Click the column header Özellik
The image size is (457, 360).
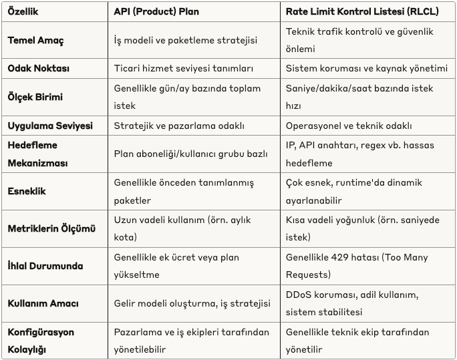[x=23, y=11]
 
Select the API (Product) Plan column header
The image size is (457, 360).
[x=156, y=11]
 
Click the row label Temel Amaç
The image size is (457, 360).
[x=35, y=40]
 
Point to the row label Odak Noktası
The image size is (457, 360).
[x=38, y=68]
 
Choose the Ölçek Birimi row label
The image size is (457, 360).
[x=35, y=97]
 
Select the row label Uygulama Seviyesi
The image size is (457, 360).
[x=50, y=126]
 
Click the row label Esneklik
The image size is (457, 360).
[x=27, y=191]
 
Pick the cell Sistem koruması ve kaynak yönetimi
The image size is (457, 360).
[x=366, y=68]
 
